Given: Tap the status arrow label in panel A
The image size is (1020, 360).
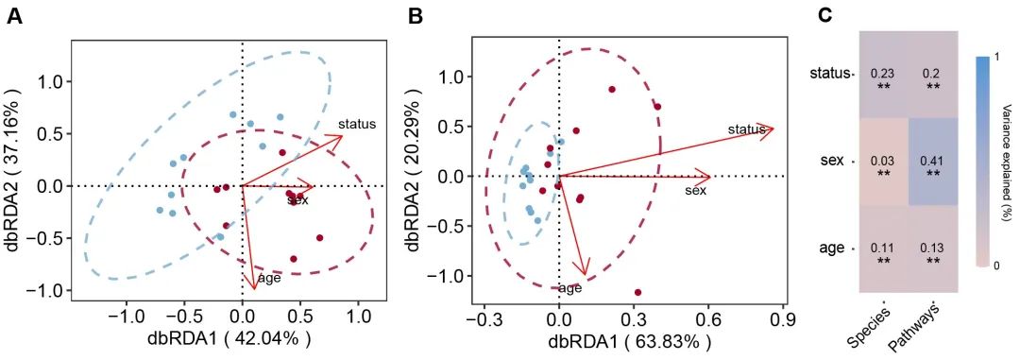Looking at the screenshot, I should (x=357, y=123).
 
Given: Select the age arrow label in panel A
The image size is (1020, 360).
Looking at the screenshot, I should (x=242, y=281).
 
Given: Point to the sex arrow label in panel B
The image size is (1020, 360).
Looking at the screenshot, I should (x=695, y=191).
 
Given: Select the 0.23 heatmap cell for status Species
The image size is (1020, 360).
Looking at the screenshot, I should (x=883, y=78).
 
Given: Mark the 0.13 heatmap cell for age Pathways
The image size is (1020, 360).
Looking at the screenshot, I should (x=932, y=252).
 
